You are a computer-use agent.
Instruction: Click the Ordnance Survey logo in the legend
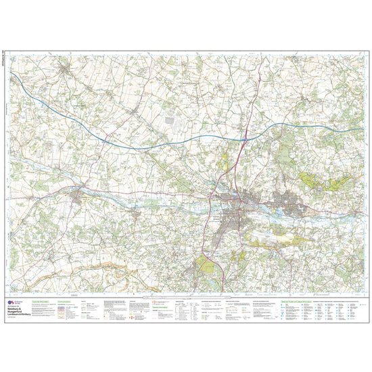(11, 304)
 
